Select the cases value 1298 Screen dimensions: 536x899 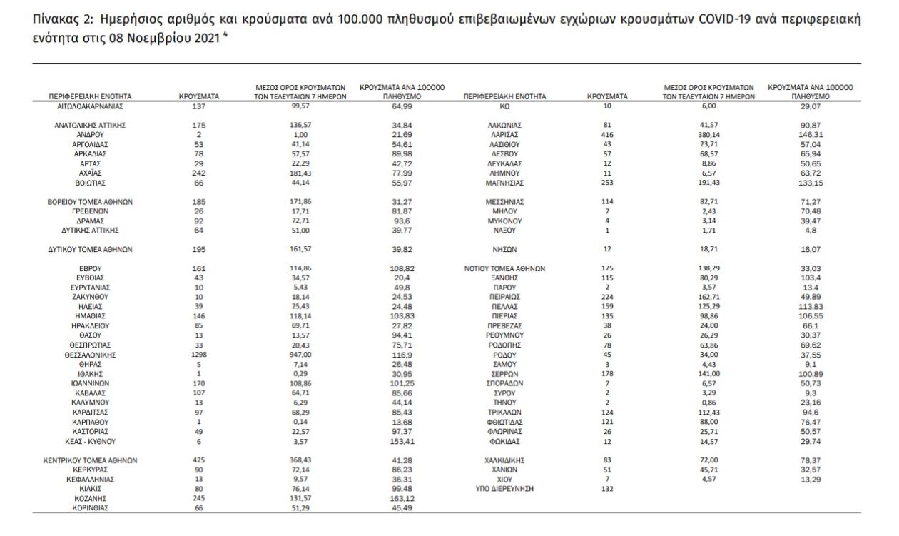pyautogui.click(x=199, y=354)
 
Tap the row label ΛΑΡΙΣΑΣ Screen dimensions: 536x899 pyautogui.click(x=504, y=134)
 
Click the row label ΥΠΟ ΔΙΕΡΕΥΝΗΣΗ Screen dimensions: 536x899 pyautogui.click(x=504, y=489)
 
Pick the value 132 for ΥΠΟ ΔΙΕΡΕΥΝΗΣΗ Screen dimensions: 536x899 pyautogui.click(x=607, y=489)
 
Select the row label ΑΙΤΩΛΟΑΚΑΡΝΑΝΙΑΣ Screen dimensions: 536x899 pyautogui.click(x=90, y=106)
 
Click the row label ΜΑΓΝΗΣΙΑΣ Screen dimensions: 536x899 pyautogui.click(x=504, y=183)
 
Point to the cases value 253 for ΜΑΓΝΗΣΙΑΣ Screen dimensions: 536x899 pyautogui.click(x=607, y=183)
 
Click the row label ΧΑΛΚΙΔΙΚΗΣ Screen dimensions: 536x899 pyautogui.click(x=504, y=460)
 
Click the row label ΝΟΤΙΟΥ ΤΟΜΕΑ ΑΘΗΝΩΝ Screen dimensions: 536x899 pyautogui.click(x=504, y=269)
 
